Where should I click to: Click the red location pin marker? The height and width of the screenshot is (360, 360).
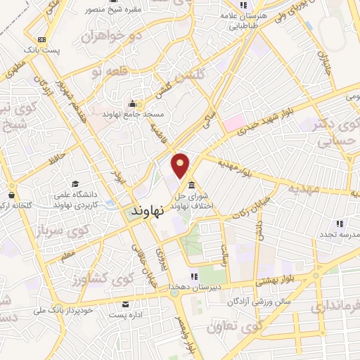point(181,165)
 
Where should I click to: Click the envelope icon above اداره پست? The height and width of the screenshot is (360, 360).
point(126,304)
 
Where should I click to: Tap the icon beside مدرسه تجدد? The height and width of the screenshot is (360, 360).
point(340,224)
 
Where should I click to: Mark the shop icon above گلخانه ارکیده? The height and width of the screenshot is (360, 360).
point(11,194)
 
